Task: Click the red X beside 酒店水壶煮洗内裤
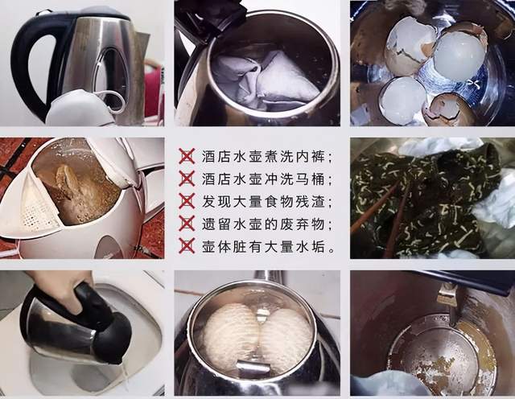[x=187, y=156]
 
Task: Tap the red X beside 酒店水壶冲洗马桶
[x=187, y=179]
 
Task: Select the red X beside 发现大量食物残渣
[x=187, y=201]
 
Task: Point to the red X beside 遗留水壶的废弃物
[x=187, y=224]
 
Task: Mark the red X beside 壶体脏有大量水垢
[x=187, y=246]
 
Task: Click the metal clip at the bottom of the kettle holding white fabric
[x=252, y=368]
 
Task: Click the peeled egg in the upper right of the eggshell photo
[x=459, y=52]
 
